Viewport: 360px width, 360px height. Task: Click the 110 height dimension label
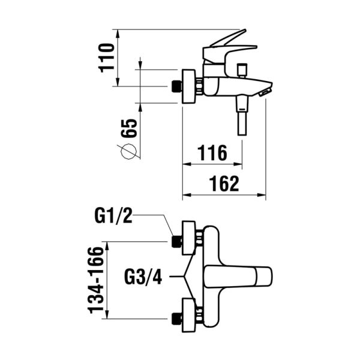pyautogui.click(x=107, y=57)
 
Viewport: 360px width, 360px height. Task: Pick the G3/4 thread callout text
pyautogui.click(x=143, y=278)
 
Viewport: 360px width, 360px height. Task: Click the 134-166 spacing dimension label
pyautogui.click(x=94, y=280)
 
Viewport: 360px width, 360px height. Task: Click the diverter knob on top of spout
pyautogui.click(x=242, y=70)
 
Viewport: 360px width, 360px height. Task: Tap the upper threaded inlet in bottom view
pyautogui.click(x=176, y=241)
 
